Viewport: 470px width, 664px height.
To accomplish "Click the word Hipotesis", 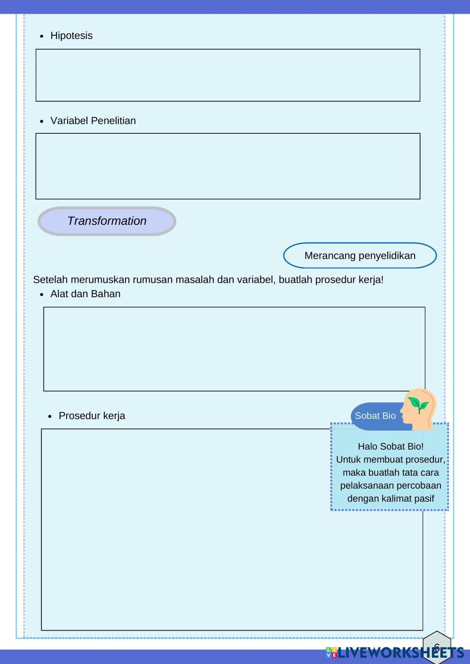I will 71,36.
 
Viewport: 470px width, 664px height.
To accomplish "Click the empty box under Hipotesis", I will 228,75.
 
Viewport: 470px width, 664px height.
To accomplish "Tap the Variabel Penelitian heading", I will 93,121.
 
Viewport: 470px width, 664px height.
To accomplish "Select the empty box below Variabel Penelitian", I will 228,166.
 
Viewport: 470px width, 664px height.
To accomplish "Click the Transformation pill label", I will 107,221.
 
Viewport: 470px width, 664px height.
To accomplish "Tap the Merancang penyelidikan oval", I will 360,255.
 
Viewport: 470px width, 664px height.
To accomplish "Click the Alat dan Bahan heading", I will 85,294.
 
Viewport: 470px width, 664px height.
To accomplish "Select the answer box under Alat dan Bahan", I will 234,349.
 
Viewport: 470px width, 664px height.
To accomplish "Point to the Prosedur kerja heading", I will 92,416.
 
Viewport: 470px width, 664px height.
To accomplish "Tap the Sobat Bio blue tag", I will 375,416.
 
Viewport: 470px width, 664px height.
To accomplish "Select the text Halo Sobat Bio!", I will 391,446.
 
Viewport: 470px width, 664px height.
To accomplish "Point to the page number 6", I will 437,648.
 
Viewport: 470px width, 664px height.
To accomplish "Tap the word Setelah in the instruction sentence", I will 50,280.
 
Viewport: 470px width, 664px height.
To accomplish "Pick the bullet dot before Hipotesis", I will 42,36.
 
